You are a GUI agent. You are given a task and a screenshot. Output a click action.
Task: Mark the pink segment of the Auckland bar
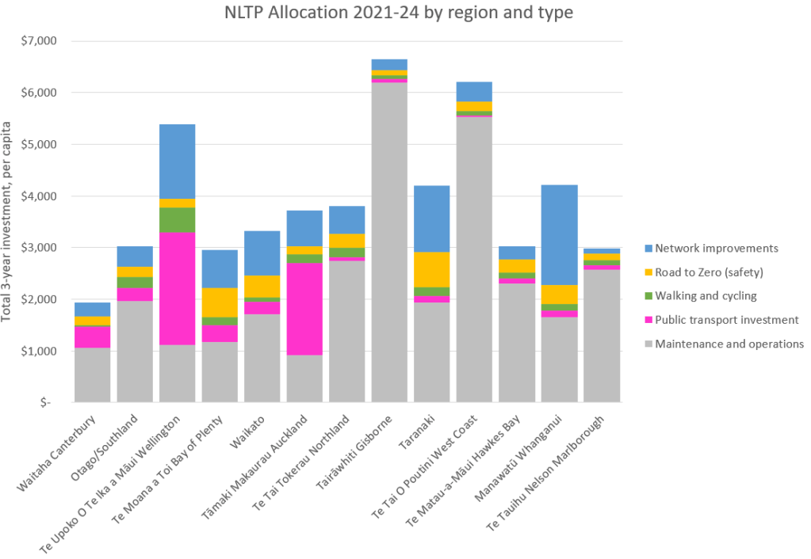pos(305,309)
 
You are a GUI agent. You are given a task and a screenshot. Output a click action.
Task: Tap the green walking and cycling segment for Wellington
pos(178,220)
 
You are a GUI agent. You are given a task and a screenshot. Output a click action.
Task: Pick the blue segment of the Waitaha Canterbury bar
pos(93,310)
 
